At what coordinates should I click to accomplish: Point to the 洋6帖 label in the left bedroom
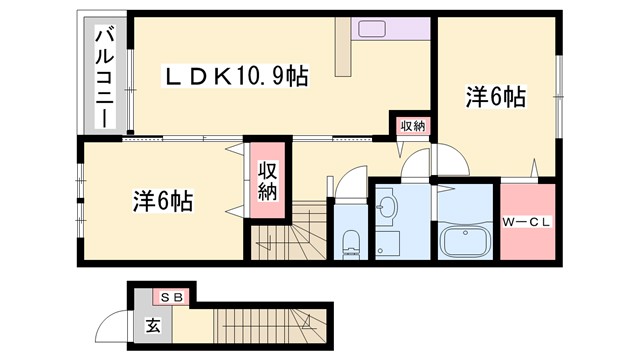tap(163, 201)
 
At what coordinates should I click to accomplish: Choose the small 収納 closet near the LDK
tap(411, 126)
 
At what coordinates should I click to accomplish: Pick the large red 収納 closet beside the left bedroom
tap(266, 180)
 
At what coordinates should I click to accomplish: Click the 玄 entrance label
tap(153, 325)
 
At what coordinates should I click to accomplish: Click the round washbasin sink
tap(388, 208)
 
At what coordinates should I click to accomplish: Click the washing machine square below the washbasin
tap(388, 243)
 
